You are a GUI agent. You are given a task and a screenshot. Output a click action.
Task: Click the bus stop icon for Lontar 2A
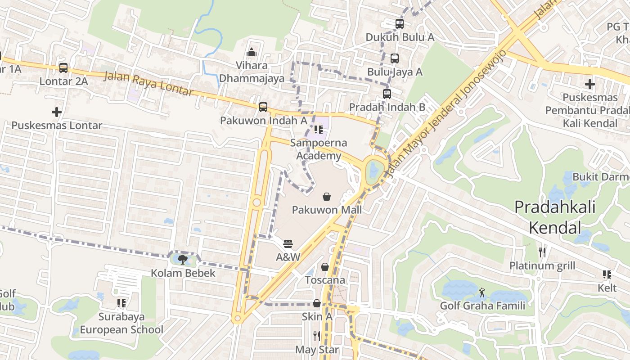click(63, 68)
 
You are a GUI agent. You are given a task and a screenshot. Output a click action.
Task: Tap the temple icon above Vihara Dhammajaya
click(252, 52)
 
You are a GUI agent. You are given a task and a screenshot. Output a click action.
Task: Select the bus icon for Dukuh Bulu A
click(399, 24)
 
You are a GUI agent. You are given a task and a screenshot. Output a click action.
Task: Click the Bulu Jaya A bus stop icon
click(395, 58)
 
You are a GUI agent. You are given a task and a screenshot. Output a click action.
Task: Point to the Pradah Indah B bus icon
click(387, 94)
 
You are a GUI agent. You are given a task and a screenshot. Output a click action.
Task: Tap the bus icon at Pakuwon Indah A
click(263, 107)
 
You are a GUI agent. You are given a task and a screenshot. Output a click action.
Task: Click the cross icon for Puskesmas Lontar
click(57, 112)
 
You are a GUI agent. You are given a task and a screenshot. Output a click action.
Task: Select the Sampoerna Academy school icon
click(319, 130)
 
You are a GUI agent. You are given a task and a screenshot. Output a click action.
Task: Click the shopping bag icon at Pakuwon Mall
click(327, 197)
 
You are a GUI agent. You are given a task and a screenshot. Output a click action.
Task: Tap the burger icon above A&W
click(288, 244)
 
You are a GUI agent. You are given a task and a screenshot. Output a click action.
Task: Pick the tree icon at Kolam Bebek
click(183, 259)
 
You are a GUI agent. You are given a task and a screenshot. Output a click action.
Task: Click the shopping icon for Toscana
click(325, 267)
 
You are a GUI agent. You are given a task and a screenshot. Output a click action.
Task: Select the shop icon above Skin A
click(317, 303)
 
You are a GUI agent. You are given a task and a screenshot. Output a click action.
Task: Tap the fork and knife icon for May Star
click(317, 336)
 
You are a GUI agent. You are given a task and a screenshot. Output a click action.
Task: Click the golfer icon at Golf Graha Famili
click(482, 292)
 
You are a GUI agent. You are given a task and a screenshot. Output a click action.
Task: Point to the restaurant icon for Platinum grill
click(542, 252)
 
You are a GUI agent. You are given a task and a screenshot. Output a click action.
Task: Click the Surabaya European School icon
click(121, 303)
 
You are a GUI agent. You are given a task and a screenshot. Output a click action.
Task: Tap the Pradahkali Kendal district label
click(555, 217)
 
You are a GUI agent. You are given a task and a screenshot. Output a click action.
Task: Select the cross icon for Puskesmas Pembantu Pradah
click(589, 84)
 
